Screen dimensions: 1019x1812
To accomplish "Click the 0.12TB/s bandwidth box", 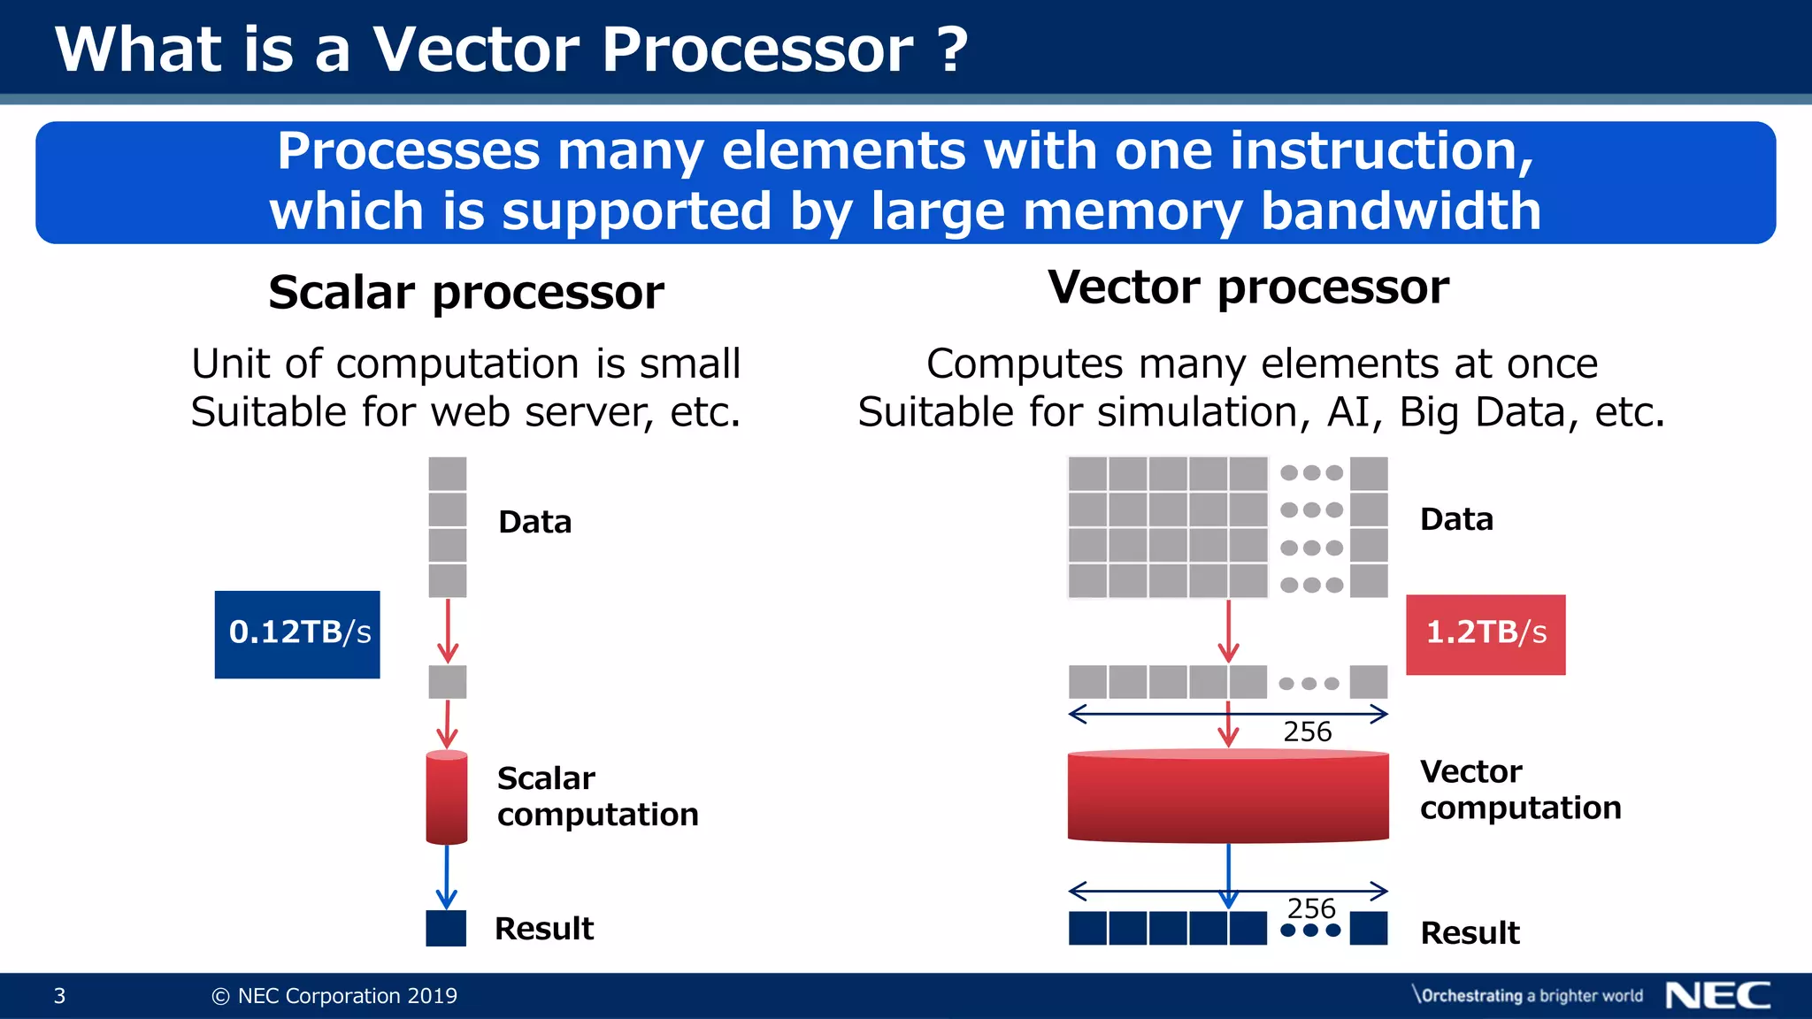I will point(297,634).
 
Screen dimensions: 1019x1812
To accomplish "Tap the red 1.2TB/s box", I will point(1486,634).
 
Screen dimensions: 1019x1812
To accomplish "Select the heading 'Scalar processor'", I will point(466,293).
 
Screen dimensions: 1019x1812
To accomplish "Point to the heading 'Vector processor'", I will point(1248,287).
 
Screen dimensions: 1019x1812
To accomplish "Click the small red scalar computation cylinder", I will point(447,797).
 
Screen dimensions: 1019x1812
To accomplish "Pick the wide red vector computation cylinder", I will point(1228,796).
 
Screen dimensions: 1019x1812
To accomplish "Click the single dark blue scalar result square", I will point(446,928).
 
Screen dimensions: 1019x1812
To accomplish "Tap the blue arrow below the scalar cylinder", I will point(447,877).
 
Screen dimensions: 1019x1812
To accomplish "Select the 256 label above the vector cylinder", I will point(1307,732).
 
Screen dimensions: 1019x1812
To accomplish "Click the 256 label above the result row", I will point(1311,908).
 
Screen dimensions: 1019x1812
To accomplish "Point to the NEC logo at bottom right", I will point(1717,995).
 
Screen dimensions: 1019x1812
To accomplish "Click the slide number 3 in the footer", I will point(59,996).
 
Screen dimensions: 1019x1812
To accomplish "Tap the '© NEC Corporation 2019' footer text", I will point(334,996).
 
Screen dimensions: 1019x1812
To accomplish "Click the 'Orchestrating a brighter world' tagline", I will point(1528,995).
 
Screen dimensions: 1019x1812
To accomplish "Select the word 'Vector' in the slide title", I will point(476,50).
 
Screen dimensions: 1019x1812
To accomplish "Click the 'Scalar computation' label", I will point(597,796).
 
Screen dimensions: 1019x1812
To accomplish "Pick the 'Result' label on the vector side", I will point(1470,932).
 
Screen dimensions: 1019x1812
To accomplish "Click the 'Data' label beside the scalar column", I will point(534,522).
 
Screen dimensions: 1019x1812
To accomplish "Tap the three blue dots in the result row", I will point(1310,931).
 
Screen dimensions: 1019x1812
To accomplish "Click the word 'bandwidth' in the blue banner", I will point(1401,211).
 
